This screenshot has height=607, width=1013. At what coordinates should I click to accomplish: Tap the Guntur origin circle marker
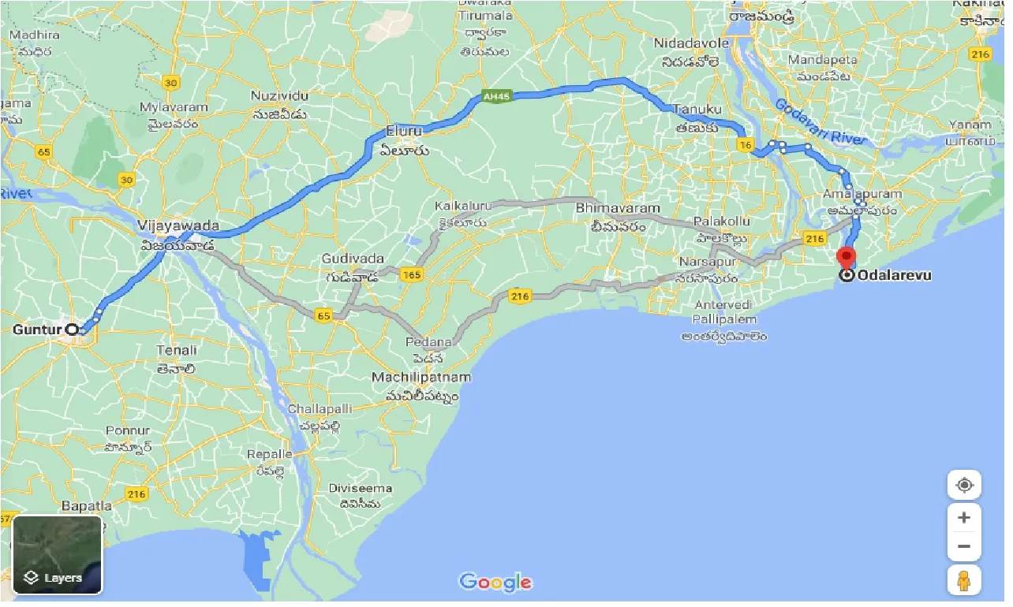tap(72, 330)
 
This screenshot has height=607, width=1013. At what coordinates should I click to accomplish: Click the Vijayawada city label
tap(178, 226)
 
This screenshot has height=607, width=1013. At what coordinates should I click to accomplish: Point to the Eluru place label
tap(405, 130)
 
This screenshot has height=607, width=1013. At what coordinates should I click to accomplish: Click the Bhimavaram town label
tap(618, 209)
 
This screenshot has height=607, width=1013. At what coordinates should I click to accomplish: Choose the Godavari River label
tap(820, 121)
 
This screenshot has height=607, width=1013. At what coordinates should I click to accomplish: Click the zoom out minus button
tap(963, 546)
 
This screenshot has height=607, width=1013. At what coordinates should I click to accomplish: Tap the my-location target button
tap(964, 485)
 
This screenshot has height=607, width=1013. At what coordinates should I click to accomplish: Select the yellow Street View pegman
tap(964, 580)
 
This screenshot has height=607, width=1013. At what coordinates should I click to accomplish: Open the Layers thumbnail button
tap(58, 555)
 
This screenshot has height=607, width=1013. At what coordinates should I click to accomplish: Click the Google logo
tap(495, 583)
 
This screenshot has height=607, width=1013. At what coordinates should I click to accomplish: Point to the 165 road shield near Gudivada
tap(410, 274)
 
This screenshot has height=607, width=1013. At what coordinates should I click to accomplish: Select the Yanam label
tap(970, 125)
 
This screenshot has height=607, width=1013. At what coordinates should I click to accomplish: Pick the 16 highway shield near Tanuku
tap(744, 144)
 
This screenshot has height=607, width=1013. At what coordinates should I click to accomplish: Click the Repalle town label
tap(270, 455)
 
